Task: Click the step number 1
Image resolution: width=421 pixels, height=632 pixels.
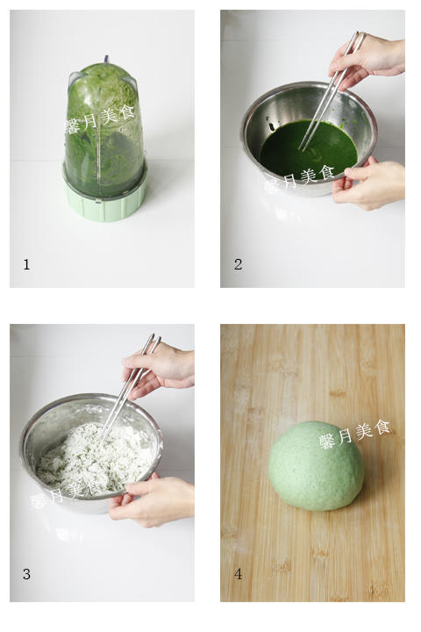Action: (x=26, y=264)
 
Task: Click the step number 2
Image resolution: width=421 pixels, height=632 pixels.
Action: (x=238, y=264)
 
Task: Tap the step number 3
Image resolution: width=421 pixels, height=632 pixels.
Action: (x=26, y=574)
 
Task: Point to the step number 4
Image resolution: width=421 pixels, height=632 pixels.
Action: (x=238, y=574)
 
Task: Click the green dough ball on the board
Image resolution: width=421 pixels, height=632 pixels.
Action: (x=317, y=466)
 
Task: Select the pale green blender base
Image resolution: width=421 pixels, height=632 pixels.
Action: (x=104, y=199)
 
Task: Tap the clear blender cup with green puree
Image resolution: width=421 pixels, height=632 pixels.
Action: (x=103, y=129)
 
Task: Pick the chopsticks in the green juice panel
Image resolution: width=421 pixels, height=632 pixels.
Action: (x=332, y=90)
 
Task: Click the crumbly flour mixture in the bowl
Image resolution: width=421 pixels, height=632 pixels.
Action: (x=95, y=457)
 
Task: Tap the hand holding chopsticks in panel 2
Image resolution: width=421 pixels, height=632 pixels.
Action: (x=367, y=61)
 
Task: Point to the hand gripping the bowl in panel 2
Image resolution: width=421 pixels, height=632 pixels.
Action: (x=368, y=183)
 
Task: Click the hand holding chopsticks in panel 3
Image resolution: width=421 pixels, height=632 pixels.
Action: (x=159, y=370)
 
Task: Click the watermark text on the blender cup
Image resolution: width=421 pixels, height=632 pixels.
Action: (x=99, y=118)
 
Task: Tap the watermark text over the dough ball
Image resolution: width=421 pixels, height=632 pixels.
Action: (x=355, y=434)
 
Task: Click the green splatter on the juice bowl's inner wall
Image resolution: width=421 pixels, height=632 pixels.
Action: (x=272, y=126)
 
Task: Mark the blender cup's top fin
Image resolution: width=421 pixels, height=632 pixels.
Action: (x=106, y=60)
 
